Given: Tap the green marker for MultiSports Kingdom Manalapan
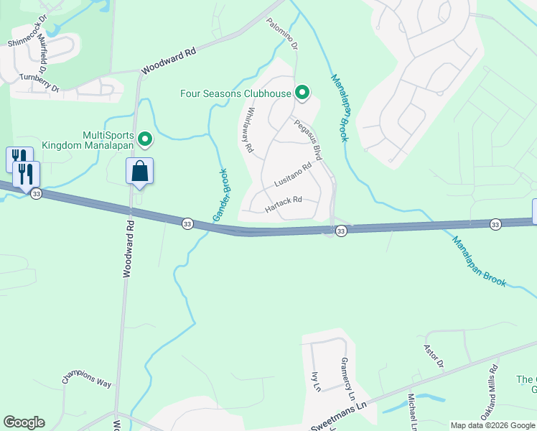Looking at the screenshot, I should [x=145, y=139].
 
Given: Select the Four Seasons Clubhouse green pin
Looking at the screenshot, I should [x=302, y=93].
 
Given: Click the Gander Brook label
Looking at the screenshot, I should [x=220, y=195].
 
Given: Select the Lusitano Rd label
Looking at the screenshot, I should [x=292, y=175].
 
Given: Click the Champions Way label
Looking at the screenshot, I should [x=87, y=379].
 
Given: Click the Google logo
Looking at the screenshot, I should [x=24, y=422].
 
